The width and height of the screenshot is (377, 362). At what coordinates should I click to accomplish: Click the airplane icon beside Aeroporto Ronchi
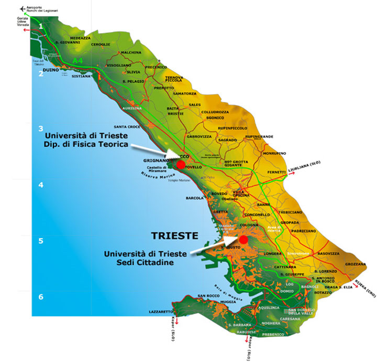22,8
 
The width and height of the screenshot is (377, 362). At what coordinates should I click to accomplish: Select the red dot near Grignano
181,164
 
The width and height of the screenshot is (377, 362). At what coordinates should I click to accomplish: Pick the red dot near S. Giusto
243,239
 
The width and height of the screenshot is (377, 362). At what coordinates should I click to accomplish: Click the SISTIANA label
81,77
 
